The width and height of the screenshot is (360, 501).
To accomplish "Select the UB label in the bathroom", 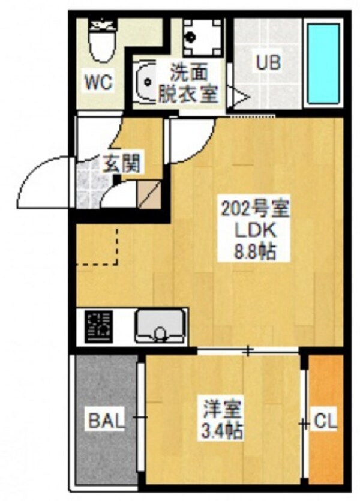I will tap(269, 62).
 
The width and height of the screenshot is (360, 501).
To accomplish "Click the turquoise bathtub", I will tap(324, 62).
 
